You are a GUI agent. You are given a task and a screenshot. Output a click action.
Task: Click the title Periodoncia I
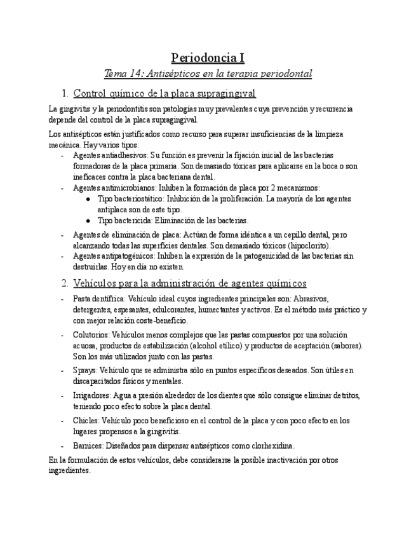tap(208, 58)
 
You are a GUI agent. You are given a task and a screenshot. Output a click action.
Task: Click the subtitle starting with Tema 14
tap(208, 74)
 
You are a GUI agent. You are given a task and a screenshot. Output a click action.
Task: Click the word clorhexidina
tap(271, 446)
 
